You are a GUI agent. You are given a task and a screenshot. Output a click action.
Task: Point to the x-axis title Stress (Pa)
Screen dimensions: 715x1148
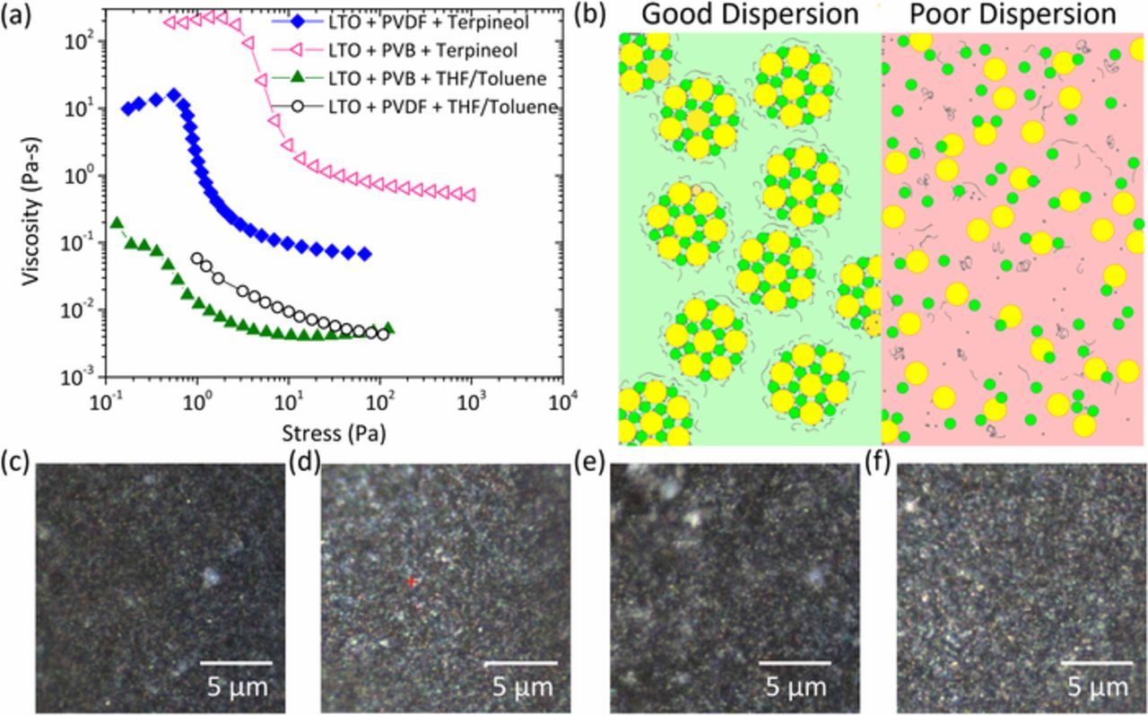[x=333, y=434]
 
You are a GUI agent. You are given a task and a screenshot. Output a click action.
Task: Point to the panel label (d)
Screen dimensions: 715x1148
[x=303, y=464]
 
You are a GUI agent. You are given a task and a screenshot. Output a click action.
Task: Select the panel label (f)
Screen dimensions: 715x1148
[x=881, y=465]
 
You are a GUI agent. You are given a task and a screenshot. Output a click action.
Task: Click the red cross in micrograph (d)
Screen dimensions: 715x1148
[x=412, y=582]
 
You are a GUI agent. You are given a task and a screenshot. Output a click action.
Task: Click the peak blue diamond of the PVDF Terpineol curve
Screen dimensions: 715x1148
[x=173, y=93]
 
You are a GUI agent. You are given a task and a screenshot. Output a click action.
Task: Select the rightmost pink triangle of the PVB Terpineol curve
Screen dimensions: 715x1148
[x=468, y=195]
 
